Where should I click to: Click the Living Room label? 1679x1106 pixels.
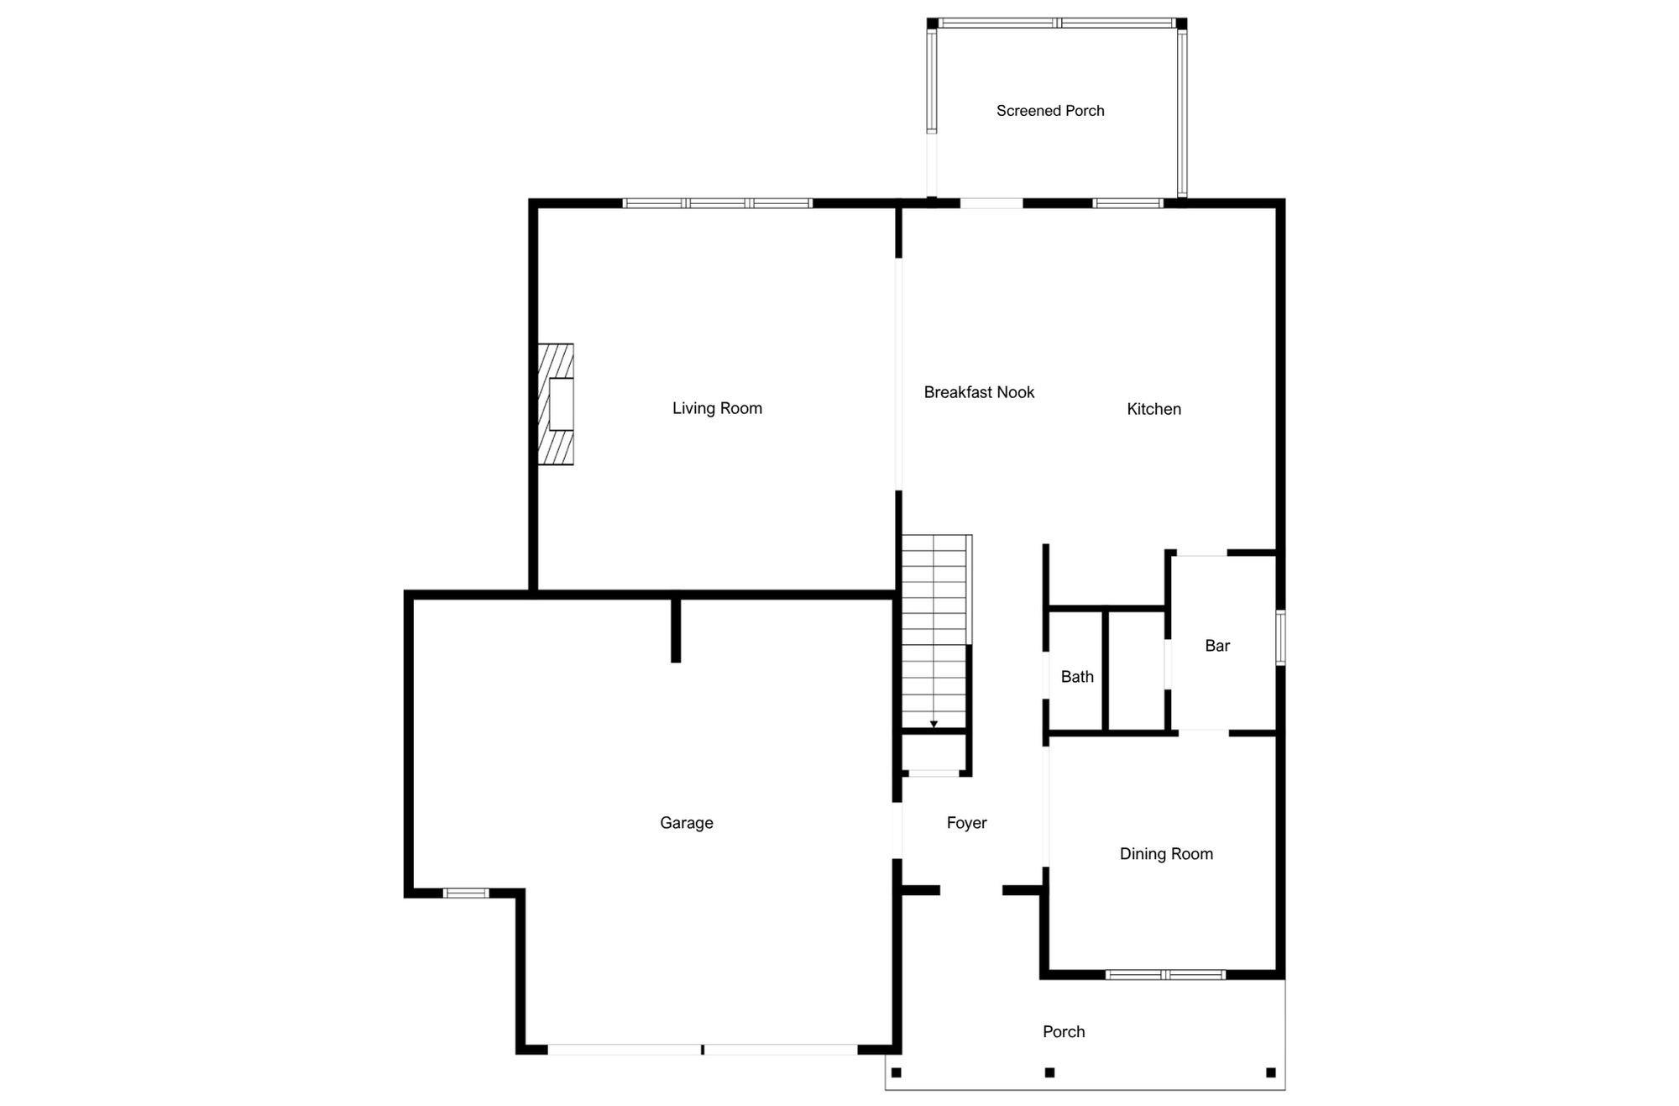[x=717, y=409]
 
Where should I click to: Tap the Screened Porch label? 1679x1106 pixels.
[x=1050, y=111]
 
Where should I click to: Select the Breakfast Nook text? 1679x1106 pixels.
[x=979, y=392]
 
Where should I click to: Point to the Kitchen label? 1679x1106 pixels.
[x=1153, y=409]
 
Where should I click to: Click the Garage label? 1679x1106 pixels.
[x=686, y=823]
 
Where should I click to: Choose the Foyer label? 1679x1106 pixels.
[x=966, y=823]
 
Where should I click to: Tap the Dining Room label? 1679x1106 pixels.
[x=1166, y=854]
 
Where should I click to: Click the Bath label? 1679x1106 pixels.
[x=1077, y=677]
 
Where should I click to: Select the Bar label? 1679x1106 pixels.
[x=1217, y=646]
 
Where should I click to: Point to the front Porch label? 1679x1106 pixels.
[x=1064, y=1032]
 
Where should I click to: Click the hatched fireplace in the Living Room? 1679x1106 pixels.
[x=556, y=404]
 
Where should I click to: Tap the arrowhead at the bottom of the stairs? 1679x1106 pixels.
[x=934, y=724]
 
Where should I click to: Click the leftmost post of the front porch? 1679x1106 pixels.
[x=896, y=1072]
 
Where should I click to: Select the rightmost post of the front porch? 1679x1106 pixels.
[x=1271, y=1072]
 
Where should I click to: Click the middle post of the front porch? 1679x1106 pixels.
[x=1049, y=1072]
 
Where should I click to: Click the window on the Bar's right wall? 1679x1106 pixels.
[x=1280, y=638]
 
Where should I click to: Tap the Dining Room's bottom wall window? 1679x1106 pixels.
[x=1165, y=975]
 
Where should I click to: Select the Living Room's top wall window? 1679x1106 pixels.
[x=718, y=203]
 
